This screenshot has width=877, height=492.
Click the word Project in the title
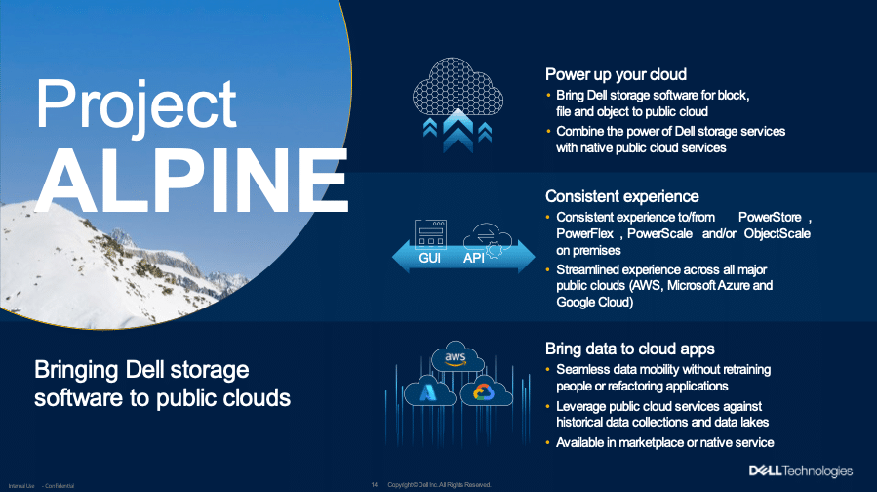pos(137,106)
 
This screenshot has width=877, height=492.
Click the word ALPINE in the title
pos(191,180)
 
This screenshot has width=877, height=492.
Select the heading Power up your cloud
pos(616,75)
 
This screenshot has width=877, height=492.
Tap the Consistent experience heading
pos(622,196)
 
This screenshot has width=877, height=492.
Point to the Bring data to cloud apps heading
pos(630,349)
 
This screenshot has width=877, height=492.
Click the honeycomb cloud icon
pos(458,87)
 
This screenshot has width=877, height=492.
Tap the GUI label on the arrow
pos(429,258)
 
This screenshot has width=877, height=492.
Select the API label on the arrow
pos(473,258)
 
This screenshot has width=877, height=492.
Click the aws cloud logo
pos(457,356)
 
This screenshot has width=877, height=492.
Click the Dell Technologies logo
pos(801,471)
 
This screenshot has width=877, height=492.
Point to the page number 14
pos(375,485)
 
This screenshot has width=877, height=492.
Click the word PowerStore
pos(770,217)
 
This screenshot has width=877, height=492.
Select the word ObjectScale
pos(777,234)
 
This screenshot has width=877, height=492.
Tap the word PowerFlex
pos(584,234)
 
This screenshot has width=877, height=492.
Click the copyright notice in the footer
pos(439,485)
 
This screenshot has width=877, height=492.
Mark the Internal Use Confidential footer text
pos(41,486)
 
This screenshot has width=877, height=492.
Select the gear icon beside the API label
pos(494,250)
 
